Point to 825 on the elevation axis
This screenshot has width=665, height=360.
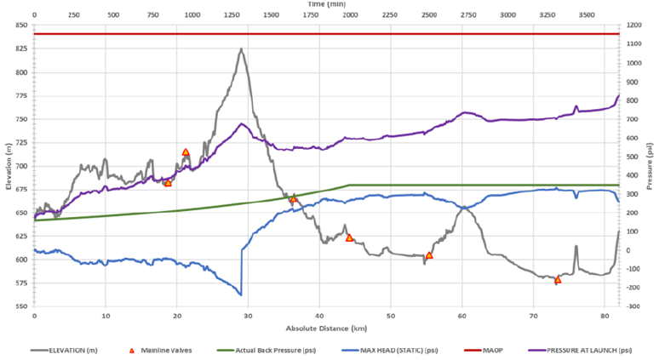click(x=21, y=49)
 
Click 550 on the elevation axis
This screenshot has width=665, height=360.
click(x=21, y=306)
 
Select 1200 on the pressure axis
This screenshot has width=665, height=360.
click(x=634, y=26)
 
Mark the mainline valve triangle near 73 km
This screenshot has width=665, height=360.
click(x=558, y=279)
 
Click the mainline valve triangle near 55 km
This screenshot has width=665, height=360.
click(x=429, y=254)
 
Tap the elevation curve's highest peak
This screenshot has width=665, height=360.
click(x=241, y=49)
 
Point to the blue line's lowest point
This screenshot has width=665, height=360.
click(x=241, y=294)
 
